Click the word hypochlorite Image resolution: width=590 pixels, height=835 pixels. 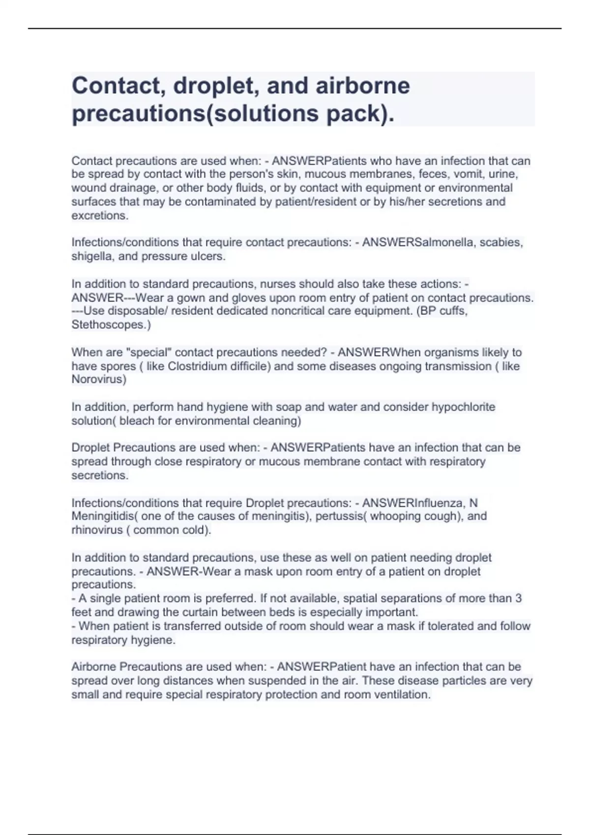pos(463,407)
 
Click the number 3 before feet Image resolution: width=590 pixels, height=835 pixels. pos(518,598)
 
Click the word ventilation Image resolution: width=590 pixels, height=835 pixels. pos(401,695)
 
